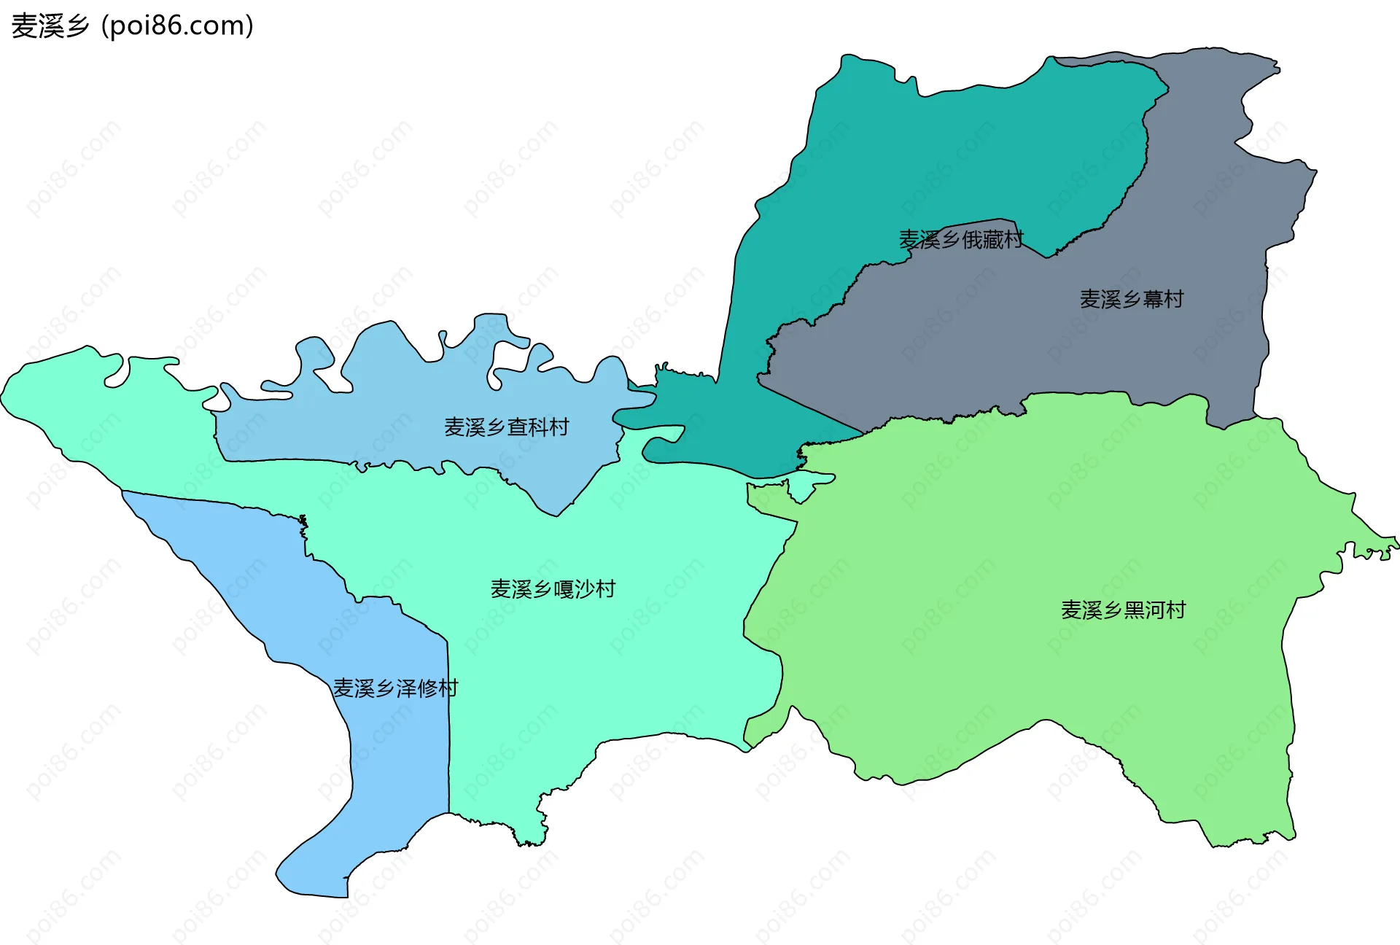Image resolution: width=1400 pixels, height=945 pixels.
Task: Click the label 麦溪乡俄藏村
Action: coord(960,239)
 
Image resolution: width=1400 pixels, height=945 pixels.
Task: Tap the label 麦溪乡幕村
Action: coord(1131,299)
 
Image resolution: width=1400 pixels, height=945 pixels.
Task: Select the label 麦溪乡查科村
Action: coord(506,427)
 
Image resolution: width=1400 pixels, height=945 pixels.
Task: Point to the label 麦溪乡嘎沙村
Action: coord(553,589)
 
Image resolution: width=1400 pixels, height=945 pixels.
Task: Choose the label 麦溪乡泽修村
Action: coord(395,688)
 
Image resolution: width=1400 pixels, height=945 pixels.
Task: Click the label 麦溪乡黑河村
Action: coord(1123,610)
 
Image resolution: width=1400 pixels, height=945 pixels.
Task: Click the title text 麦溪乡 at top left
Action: coord(50,26)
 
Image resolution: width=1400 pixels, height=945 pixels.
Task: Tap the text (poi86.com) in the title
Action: coord(177,26)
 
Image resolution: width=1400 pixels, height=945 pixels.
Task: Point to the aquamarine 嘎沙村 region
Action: coord(620,656)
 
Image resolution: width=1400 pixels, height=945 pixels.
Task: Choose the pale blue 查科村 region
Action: coord(408,386)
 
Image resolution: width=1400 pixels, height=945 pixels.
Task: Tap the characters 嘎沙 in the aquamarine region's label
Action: coord(574,589)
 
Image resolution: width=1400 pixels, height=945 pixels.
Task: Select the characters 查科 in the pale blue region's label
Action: coord(527,427)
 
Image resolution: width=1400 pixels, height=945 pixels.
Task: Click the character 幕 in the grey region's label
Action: coord(1152,299)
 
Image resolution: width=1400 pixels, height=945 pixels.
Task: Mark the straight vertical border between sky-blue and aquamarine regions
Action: coord(448,729)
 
